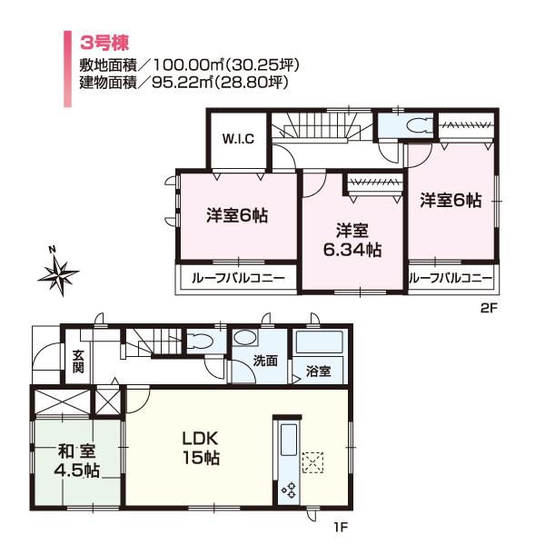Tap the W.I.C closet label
pyautogui.click(x=239, y=139)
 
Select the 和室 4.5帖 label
pyautogui.click(x=76, y=459)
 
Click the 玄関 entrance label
pyautogui.click(x=79, y=362)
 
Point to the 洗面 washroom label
pyautogui.click(x=265, y=360)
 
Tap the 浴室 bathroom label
pyautogui.click(x=318, y=372)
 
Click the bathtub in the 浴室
pyautogui.click(x=318, y=346)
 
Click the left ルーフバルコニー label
pyautogui.click(x=237, y=278)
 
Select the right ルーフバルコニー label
pyautogui.click(x=451, y=278)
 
